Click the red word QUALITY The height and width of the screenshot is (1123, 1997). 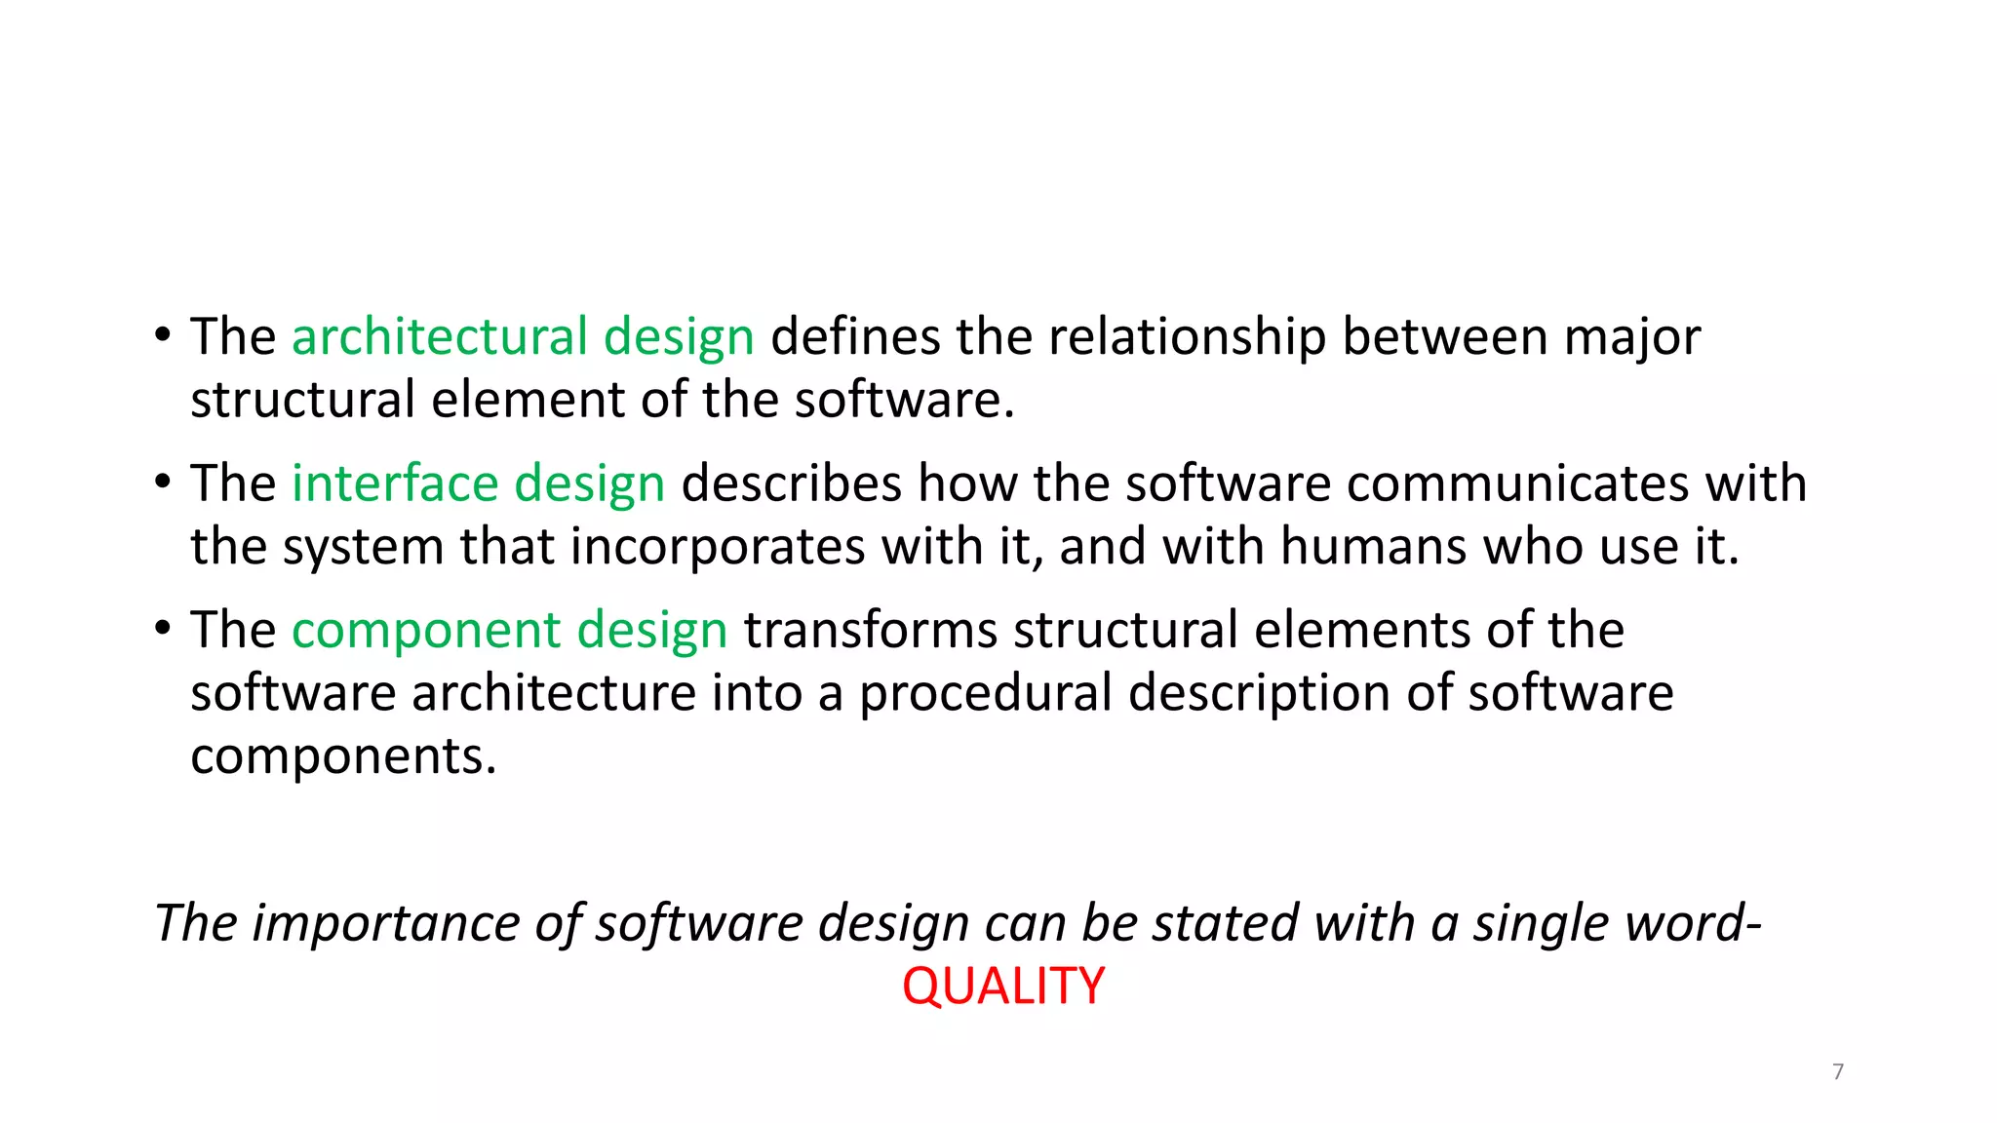pyautogui.click(x=1003, y=986)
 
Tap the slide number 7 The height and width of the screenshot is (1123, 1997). pyautogui.click(x=1838, y=1072)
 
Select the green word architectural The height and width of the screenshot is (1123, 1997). pyautogui.click(x=439, y=337)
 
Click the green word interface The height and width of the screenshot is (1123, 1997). pyautogui.click(x=395, y=484)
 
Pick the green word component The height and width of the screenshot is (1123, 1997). pyautogui.click(x=426, y=631)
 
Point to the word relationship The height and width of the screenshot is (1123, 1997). pyautogui.click(x=1187, y=337)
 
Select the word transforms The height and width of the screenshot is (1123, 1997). pyautogui.click(x=871, y=630)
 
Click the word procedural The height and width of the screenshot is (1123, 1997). pyautogui.click(x=985, y=693)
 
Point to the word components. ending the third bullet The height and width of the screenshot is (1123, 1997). pyautogui.click(x=343, y=756)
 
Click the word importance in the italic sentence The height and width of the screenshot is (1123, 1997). pyautogui.click(x=385, y=923)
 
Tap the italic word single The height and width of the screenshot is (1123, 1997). pyautogui.click(x=1531, y=923)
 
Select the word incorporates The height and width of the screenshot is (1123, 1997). pyautogui.click(x=717, y=547)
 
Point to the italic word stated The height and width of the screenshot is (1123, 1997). pyautogui.click(x=1225, y=923)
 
